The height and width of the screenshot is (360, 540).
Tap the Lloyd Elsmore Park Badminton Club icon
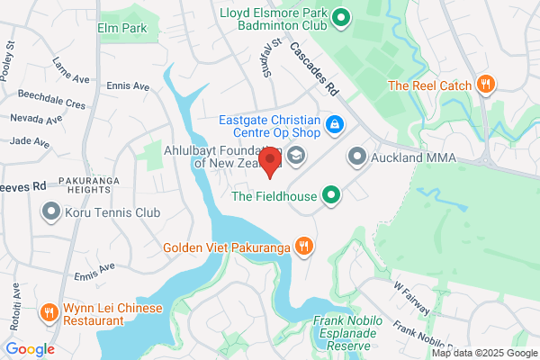coord(341,17)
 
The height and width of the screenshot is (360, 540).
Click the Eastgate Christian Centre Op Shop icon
coord(334,123)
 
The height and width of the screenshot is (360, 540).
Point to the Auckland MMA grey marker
coord(357,158)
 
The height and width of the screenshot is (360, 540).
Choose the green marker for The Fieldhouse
coord(332,194)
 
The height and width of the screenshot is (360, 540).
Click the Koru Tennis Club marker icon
coord(50,213)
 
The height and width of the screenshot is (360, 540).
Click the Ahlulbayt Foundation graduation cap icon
coord(294,157)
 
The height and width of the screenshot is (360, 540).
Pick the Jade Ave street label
coord(29,142)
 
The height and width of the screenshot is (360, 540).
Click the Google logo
coord(30,349)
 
